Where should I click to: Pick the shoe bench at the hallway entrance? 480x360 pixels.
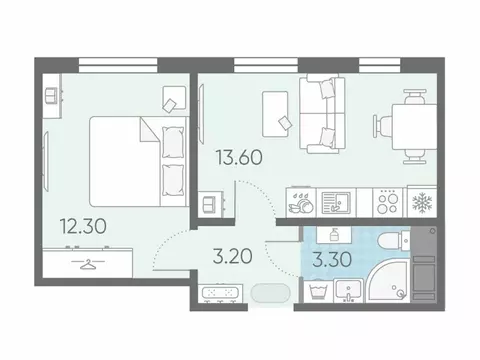pos(217,296)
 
